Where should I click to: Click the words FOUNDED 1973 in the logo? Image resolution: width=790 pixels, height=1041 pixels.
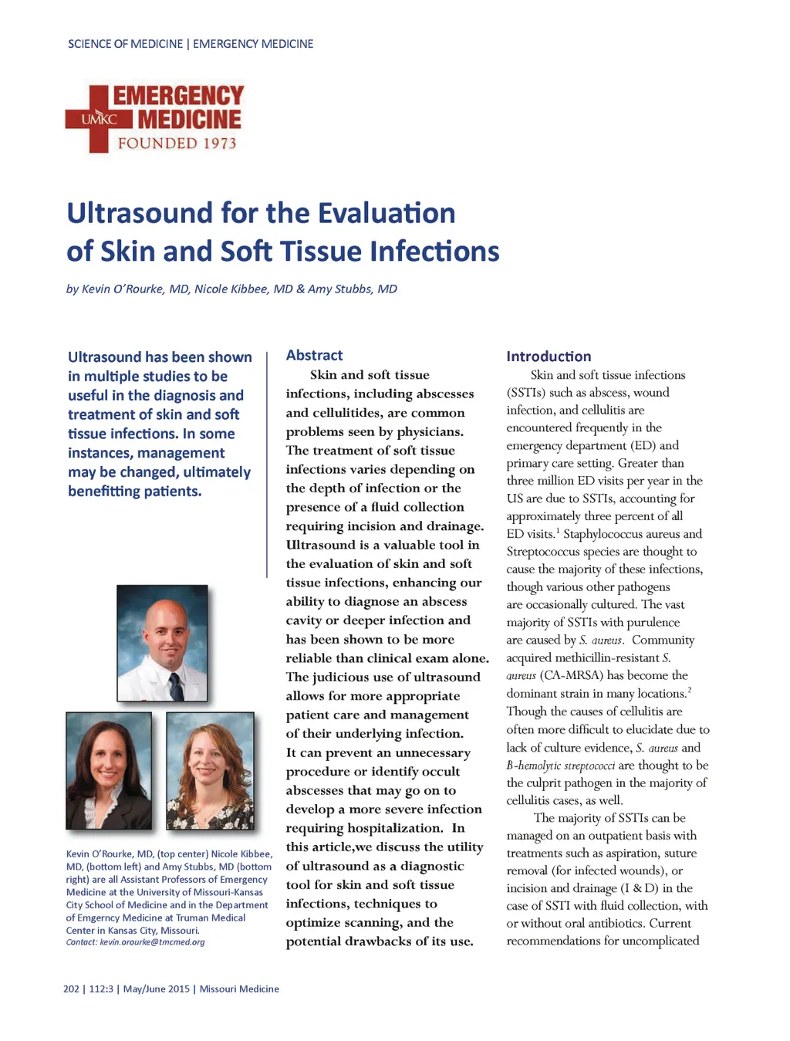(x=177, y=144)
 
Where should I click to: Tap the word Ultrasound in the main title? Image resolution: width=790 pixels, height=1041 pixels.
(x=139, y=213)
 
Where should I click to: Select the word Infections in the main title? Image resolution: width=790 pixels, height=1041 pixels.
(x=434, y=252)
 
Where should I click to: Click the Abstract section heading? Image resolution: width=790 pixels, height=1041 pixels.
(x=314, y=355)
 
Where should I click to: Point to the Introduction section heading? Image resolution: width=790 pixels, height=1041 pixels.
(x=549, y=357)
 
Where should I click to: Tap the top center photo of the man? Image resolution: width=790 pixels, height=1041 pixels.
(x=162, y=643)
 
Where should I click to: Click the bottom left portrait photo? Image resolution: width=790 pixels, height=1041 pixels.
(x=109, y=770)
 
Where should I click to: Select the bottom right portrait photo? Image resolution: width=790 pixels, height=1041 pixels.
(x=210, y=770)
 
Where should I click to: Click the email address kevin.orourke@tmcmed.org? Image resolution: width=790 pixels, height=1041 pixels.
(x=152, y=942)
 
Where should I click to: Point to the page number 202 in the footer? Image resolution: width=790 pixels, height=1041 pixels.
(x=71, y=989)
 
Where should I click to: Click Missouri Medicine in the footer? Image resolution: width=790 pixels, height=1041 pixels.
(x=239, y=989)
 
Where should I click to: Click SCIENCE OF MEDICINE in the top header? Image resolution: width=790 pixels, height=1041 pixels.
(x=125, y=44)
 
